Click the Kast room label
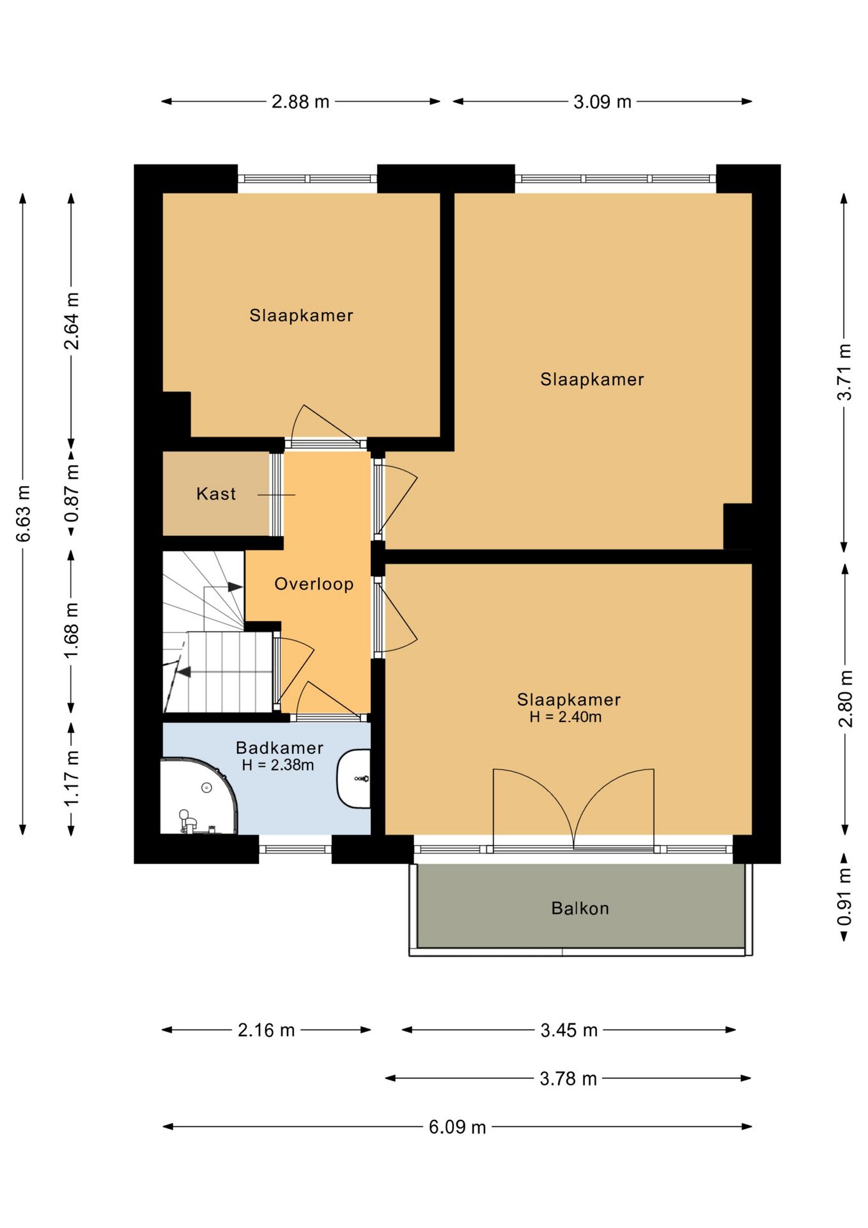point(216,494)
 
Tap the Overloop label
point(314,584)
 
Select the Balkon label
point(580,908)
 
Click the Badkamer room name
point(279,748)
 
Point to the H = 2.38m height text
point(278,765)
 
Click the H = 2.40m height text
point(566,717)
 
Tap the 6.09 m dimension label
point(457,1127)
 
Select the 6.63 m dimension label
point(23,514)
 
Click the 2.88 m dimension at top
point(300,102)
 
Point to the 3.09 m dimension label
point(602,102)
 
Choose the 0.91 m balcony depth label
point(845,897)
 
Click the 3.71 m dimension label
point(845,372)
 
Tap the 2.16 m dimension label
point(267,1030)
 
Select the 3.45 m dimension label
point(569,1030)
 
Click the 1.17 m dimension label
point(72,778)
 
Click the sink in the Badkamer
point(354,779)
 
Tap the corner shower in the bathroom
point(198,796)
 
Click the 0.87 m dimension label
point(72,492)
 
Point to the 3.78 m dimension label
point(568,1079)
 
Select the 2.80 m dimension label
point(845,698)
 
